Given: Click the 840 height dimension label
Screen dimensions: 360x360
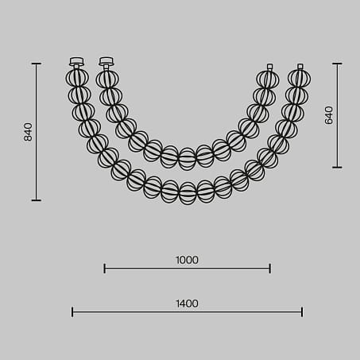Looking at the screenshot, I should [x=28, y=132].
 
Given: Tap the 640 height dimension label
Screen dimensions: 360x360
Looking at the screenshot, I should [x=329, y=115].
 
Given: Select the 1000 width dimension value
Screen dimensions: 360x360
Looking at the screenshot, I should [x=187, y=260].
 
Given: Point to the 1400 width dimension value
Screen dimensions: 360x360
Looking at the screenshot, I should [x=187, y=304].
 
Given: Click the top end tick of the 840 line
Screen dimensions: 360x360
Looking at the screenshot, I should [x=36, y=64].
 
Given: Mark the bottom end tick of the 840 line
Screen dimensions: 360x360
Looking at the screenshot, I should [x=36, y=200].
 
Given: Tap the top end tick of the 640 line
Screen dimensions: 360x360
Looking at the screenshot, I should [x=337, y=64].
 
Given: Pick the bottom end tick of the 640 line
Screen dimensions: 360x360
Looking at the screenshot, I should [x=337, y=168].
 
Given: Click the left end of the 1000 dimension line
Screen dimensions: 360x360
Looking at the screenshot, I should [x=104, y=269].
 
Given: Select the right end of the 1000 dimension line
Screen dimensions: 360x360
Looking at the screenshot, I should [x=270, y=269].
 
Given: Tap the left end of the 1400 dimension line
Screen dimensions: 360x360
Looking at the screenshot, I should [x=72, y=312].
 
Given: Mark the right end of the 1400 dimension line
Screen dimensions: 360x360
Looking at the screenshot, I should [x=302, y=312].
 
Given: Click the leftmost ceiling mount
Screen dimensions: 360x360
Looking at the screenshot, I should [x=76, y=61].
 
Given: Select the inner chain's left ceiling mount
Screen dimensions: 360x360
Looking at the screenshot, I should [x=106, y=61].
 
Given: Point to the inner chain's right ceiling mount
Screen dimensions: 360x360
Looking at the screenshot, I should [x=269, y=67].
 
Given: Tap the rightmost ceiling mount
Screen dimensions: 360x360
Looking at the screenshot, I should [x=300, y=67].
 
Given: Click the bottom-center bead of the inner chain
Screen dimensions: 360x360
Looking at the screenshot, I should [x=187, y=158].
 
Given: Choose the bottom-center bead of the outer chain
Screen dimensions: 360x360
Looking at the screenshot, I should [x=188, y=193].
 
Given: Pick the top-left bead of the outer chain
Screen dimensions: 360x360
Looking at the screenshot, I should [x=76, y=78].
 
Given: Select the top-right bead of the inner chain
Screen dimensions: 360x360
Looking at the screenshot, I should [x=268, y=79].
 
